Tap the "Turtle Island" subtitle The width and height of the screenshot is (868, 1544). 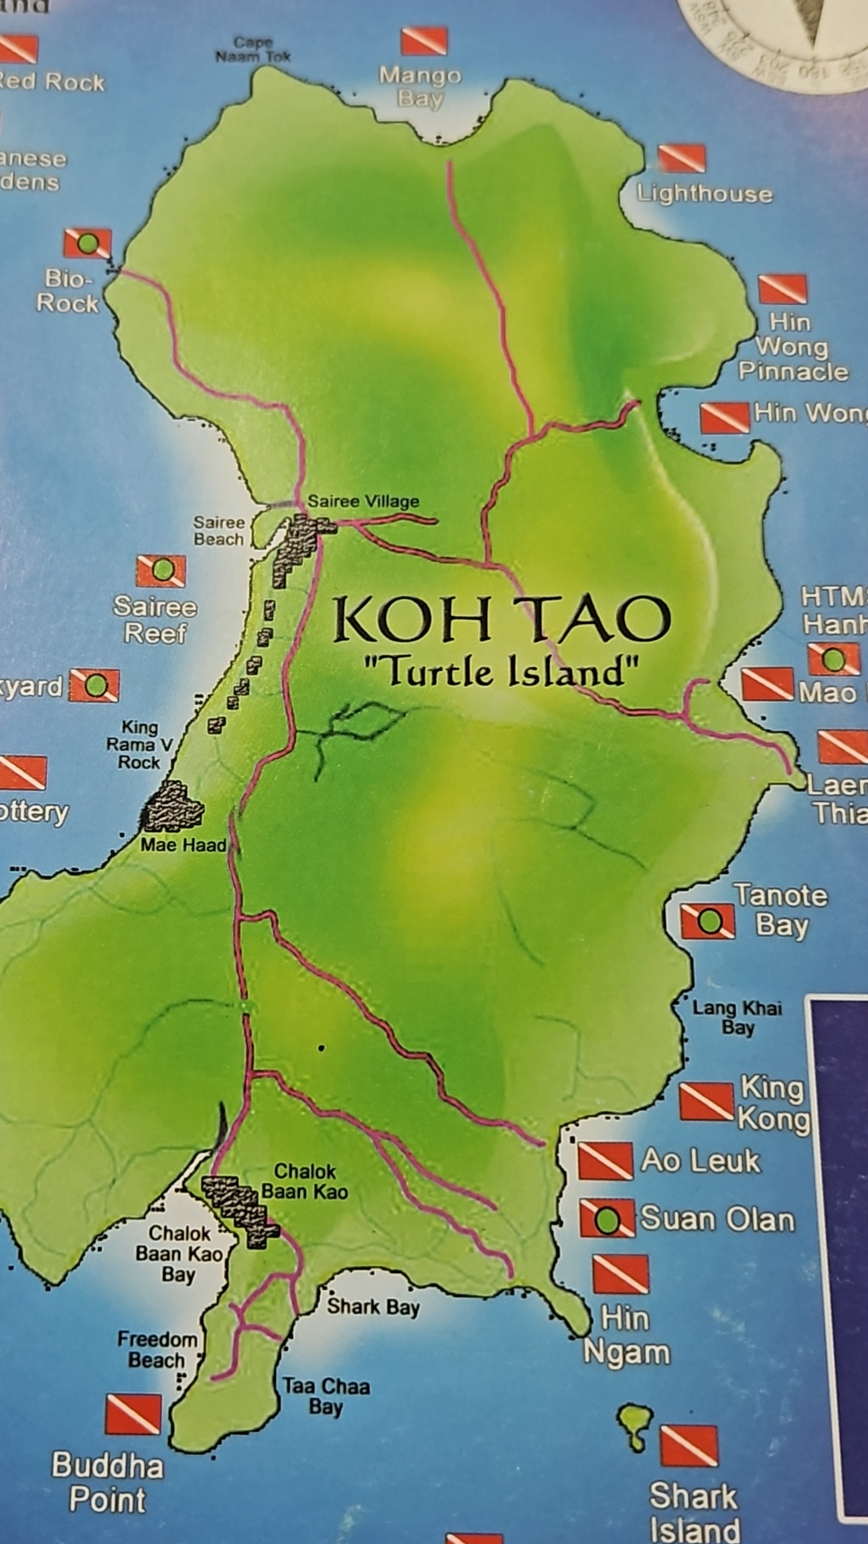[x=499, y=672]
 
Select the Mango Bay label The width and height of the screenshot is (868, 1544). [x=420, y=87]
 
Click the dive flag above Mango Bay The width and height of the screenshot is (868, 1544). [x=424, y=41]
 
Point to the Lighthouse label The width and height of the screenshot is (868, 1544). [x=704, y=194]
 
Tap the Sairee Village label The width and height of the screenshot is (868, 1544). [x=363, y=501]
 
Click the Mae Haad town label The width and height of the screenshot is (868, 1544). [x=183, y=845]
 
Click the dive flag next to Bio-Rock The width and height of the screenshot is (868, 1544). [x=87, y=243]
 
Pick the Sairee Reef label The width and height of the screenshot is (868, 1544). [x=155, y=620]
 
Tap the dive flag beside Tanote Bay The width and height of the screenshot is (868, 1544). [x=707, y=922]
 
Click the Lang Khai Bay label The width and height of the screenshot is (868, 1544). [x=737, y=1017]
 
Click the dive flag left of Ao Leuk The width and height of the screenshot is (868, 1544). [x=605, y=1161]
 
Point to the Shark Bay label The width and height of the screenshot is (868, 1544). [x=373, y=1307]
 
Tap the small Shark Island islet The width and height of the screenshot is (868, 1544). [x=635, y=1426]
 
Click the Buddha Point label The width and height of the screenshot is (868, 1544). [x=108, y=1482]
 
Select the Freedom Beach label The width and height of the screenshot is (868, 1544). [x=157, y=1350]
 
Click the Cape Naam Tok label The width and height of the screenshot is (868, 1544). [x=252, y=50]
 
